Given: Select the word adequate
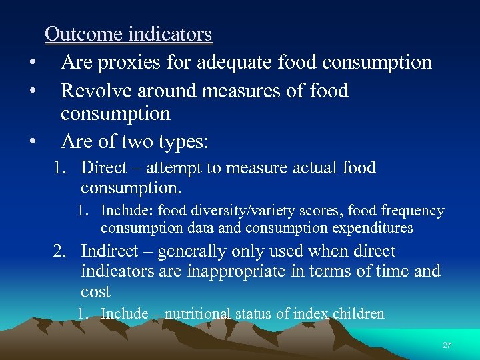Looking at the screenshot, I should (x=231, y=63).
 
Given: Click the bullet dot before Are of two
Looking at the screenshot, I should (x=31, y=143).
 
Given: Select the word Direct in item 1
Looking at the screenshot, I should (x=105, y=167).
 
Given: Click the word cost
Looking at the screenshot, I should (x=95, y=291).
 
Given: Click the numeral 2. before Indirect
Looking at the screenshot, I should (x=62, y=251).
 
